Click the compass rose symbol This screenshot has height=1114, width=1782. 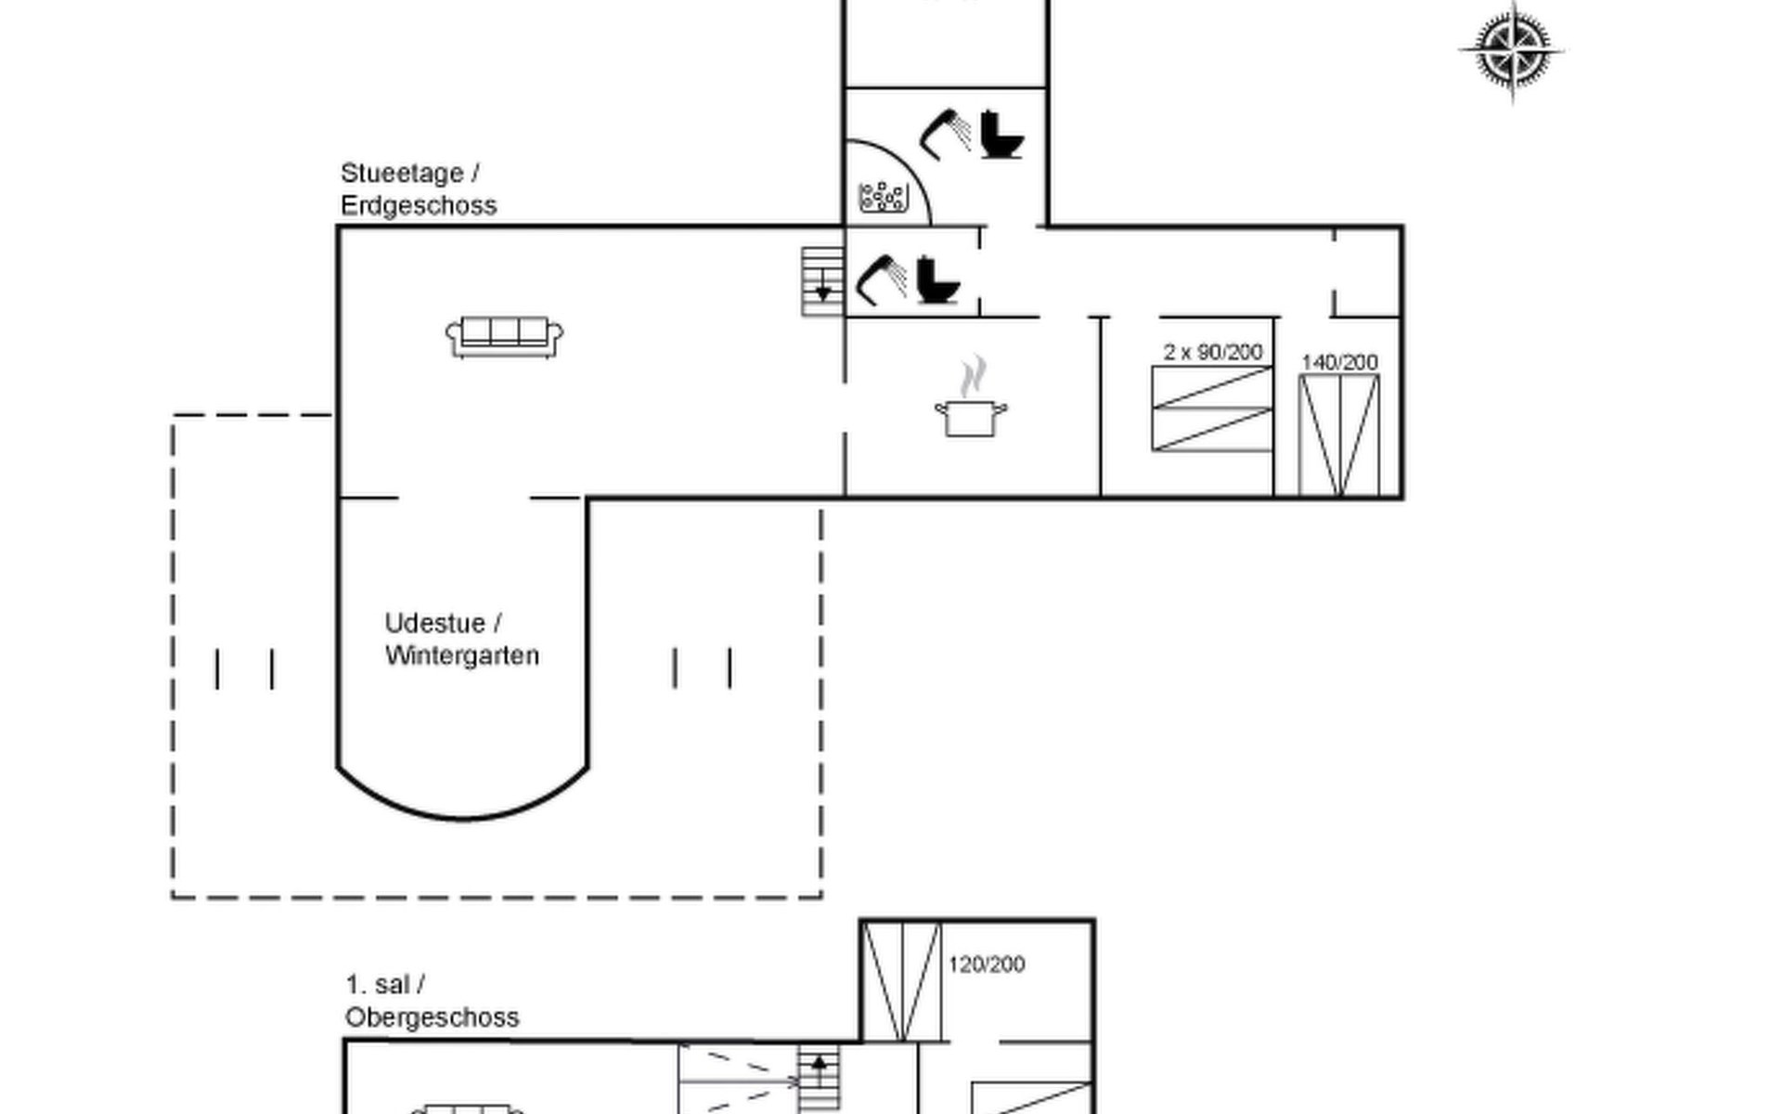click(1511, 50)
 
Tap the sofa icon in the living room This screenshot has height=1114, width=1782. click(504, 336)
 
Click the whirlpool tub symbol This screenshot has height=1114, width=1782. click(882, 197)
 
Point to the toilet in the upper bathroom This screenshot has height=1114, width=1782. click(1001, 136)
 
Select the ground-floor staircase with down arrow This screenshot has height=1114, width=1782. click(822, 281)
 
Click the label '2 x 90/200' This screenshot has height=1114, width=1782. click(1212, 352)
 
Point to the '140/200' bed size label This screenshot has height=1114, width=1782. click(1339, 362)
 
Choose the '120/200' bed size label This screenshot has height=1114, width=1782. click(986, 965)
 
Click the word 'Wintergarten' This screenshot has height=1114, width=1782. click(461, 655)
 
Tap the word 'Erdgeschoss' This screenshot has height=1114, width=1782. click(419, 205)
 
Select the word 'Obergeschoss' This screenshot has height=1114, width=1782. click(432, 1017)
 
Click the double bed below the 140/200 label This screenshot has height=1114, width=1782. click(1338, 435)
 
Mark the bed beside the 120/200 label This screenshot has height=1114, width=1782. click(900, 981)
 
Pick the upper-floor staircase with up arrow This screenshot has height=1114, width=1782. click(819, 1079)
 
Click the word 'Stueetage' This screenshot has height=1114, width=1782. click(402, 174)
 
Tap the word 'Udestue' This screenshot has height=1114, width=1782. click(434, 623)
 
